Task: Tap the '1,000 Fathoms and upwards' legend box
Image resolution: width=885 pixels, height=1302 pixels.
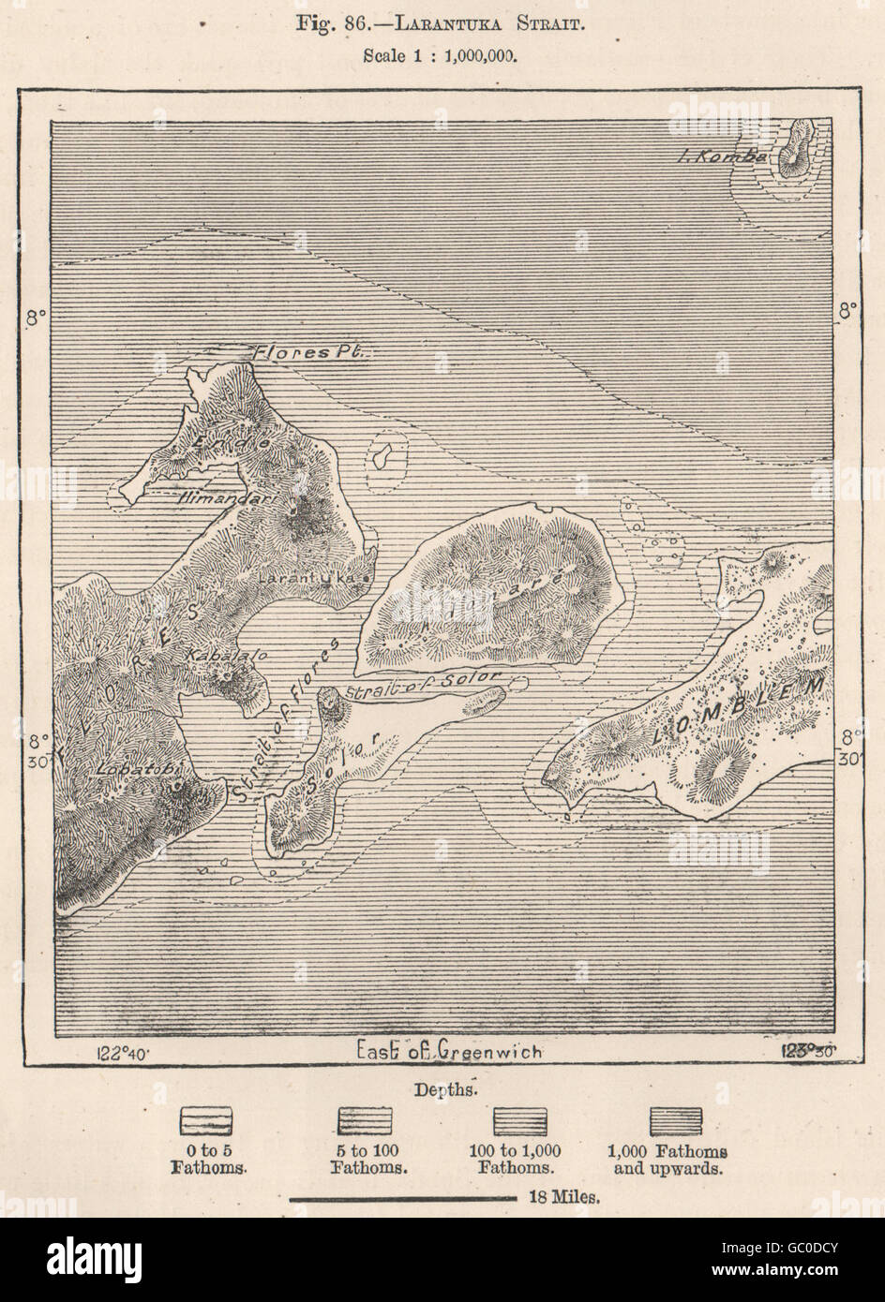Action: (x=675, y=1120)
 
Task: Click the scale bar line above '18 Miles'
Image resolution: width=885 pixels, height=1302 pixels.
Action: (x=403, y=1198)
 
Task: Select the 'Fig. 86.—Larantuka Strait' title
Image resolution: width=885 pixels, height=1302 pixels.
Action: (x=442, y=24)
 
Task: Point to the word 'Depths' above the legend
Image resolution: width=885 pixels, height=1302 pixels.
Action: (x=442, y=1089)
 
